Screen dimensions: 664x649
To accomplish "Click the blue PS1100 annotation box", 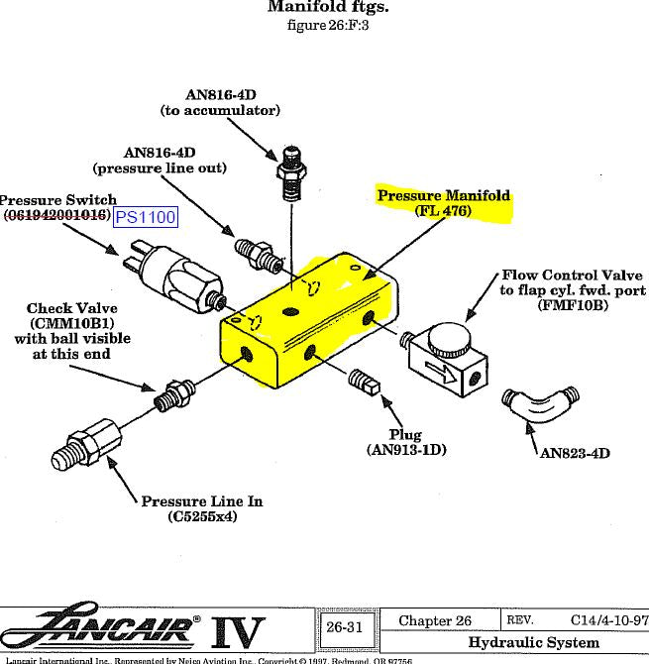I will [x=146, y=217].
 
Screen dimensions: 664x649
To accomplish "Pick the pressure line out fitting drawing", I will [x=256, y=253].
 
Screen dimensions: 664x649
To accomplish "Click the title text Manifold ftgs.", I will [x=328, y=8].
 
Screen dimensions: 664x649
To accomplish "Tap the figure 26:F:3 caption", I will [x=328, y=26].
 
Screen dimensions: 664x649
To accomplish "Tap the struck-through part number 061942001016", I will [x=56, y=215].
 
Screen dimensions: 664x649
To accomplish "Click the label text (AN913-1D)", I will [x=405, y=450].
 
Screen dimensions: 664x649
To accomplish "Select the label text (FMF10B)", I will [x=572, y=305].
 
